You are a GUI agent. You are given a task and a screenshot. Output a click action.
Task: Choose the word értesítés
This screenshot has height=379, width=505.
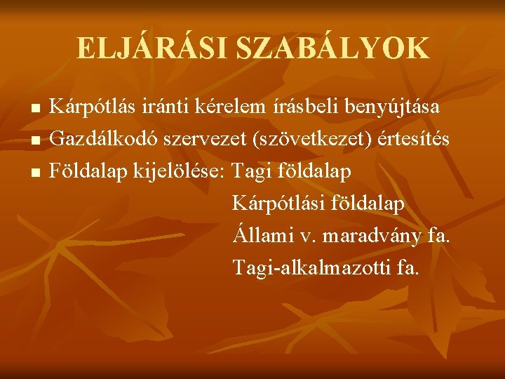pos(408,140)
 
